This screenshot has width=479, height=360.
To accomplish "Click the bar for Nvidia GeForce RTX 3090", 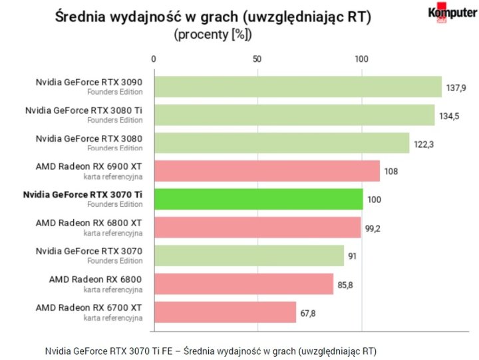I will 297,87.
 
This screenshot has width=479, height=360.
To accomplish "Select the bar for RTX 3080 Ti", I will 294,114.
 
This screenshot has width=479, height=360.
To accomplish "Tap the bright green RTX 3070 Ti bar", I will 258,199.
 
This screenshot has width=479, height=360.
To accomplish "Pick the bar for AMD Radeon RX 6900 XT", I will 266,171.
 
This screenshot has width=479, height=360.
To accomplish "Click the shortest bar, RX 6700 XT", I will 225,312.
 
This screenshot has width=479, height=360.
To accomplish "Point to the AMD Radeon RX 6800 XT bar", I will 257,228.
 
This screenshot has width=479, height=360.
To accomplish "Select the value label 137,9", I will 456,87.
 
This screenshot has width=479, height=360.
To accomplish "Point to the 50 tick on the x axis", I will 257,59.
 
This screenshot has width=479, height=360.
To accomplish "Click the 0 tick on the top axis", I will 154,59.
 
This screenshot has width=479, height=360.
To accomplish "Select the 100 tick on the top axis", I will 361,59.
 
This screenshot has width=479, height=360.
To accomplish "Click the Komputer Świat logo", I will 452,14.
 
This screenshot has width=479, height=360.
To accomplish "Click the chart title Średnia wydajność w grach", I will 213,17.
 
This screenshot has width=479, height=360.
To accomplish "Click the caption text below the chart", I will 211,351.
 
